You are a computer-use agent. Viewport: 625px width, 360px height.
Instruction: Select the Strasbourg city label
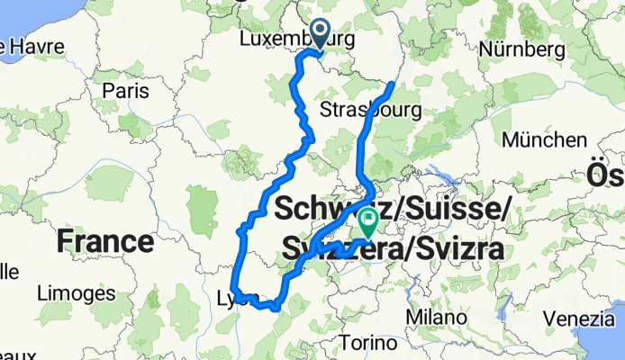[x=371, y=110]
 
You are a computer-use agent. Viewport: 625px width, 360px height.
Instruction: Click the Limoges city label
[x=75, y=292]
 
